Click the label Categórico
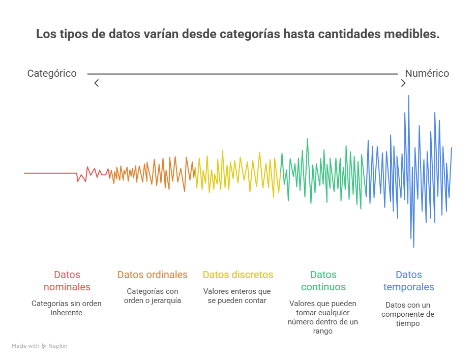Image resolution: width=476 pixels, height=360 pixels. (x=52, y=74)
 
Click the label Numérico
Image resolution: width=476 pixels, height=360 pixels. (x=427, y=74)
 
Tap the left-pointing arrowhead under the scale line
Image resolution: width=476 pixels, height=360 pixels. (x=96, y=83)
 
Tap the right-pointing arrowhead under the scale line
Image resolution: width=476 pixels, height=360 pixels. (x=403, y=83)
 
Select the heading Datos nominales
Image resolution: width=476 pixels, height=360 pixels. (x=67, y=281)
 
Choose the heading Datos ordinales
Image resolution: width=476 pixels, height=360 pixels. (x=152, y=275)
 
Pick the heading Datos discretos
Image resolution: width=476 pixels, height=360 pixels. (x=237, y=275)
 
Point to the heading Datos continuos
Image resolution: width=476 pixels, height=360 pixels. (x=323, y=281)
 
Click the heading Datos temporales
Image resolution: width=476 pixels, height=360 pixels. (x=408, y=281)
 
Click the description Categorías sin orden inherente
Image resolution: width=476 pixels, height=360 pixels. (x=67, y=308)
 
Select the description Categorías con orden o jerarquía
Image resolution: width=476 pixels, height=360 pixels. (x=152, y=296)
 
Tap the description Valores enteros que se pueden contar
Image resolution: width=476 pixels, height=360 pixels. (x=237, y=296)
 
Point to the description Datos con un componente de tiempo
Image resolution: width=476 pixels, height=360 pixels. (x=408, y=314)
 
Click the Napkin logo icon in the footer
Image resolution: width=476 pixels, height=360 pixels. (x=44, y=346)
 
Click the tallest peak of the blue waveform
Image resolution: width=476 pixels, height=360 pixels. (x=408, y=97)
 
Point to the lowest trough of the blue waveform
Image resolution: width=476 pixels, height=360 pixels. (x=413, y=247)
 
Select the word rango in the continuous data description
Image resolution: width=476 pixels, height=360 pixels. (x=323, y=331)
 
